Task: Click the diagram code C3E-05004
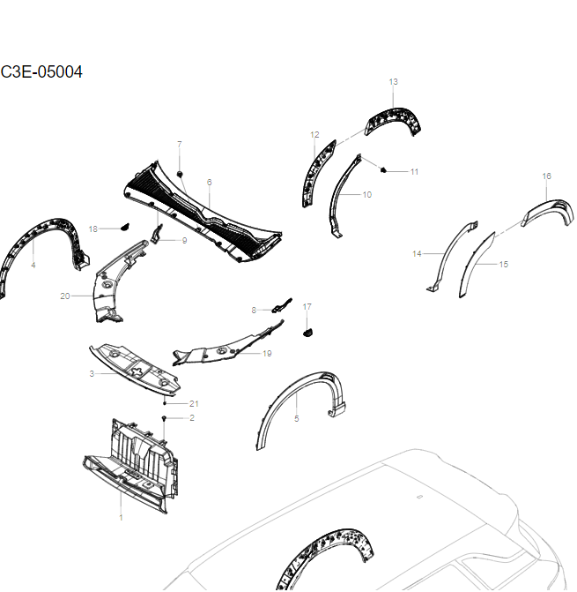41,71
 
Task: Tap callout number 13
393,81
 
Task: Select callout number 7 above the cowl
180,144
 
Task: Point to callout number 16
546,176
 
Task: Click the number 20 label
64,296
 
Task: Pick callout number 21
194,403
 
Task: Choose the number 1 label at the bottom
121,517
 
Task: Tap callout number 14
417,254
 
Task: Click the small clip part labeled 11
386,167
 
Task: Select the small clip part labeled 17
307,332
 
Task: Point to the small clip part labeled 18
124,228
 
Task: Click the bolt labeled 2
166,416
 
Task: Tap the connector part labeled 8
277,307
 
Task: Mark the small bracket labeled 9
157,234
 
